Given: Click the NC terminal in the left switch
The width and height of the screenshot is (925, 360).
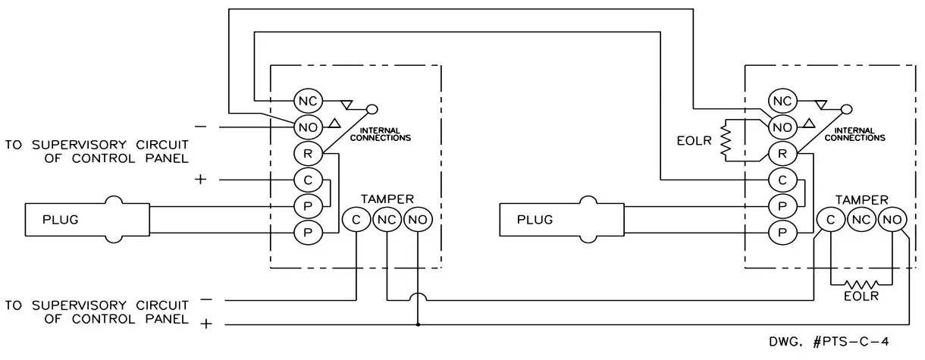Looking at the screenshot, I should click(x=308, y=101).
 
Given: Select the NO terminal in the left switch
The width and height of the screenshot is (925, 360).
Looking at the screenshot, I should click(x=308, y=126).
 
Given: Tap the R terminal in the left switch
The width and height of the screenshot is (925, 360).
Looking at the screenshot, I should click(x=308, y=154).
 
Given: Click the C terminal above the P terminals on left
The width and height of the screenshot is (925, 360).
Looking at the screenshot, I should click(x=308, y=181).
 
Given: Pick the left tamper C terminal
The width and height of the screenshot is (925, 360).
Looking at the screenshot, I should click(x=356, y=221).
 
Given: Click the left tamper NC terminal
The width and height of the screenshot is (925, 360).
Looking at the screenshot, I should click(x=387, y=221).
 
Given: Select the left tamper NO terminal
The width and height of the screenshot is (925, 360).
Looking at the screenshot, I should click(x=417, y=221).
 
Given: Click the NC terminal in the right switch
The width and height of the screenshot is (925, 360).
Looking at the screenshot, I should click(x=782, y=101).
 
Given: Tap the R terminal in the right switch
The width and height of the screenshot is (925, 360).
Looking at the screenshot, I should click(x=782, y=154).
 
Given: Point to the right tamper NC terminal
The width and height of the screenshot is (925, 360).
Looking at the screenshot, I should click(x=862, y=221).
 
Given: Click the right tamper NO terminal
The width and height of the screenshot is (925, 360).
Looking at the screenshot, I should click(x=892, y=221).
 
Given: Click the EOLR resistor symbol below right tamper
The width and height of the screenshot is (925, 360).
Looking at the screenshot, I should click(x=862, y=285).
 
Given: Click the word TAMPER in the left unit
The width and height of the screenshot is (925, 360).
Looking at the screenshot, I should click(x=387, y=199).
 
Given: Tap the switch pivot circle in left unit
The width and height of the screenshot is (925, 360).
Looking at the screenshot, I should click(x=372, y=109).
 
